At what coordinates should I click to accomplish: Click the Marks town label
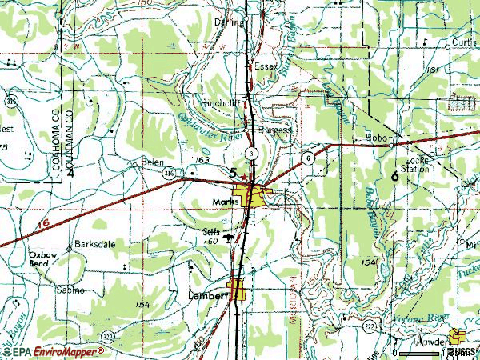pyautogui.click(x=226, y=202)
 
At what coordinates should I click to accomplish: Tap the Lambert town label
pyautogui.click(x=208, y=295)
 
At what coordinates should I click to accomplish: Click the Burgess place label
pyautogui.click(x=276, y=129)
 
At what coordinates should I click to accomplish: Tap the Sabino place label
pyautogui.click(x=70, y=290)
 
